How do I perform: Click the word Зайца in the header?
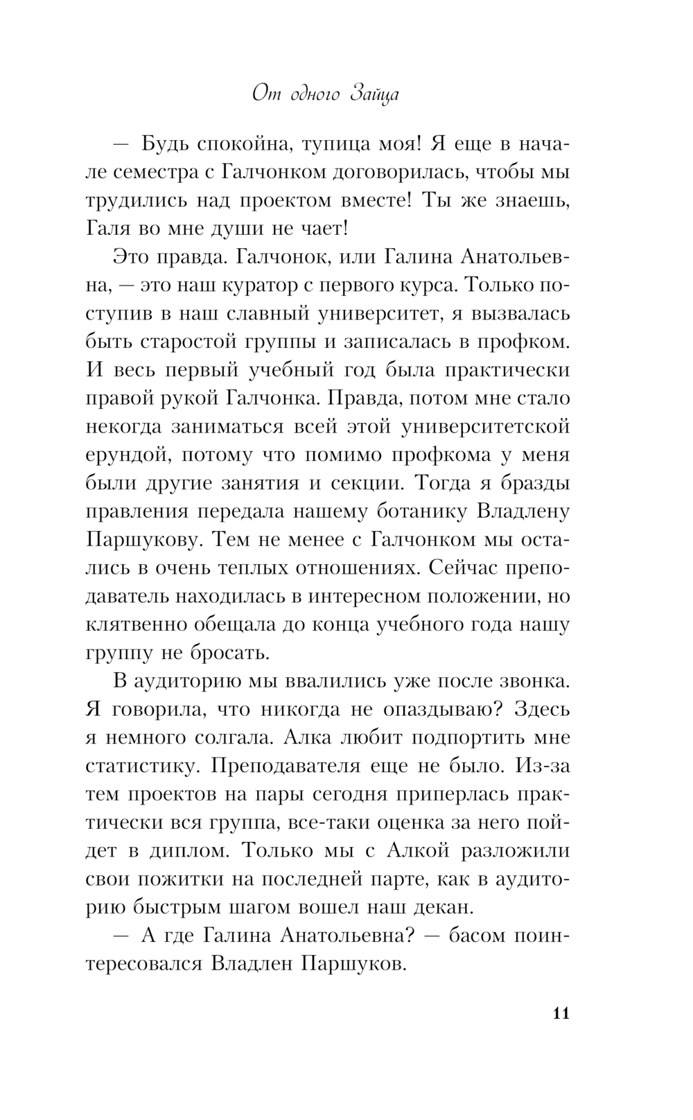[x=375, y=94]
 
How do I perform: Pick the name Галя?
[x=113, y=228]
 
